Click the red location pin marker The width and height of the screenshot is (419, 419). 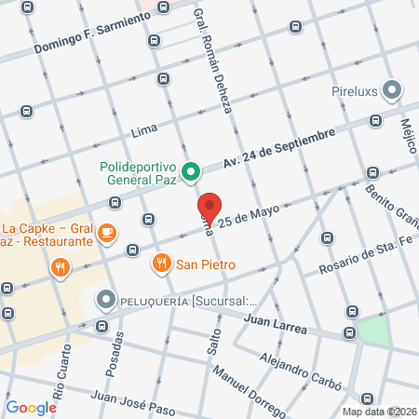209,208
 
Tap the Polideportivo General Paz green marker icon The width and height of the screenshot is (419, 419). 191,171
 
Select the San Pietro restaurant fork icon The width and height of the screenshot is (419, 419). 162,263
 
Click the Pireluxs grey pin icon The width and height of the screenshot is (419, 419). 393,91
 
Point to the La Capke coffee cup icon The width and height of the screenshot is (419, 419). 107,230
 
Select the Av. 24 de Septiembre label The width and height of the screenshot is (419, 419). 278,149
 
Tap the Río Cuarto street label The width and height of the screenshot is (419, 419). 61,372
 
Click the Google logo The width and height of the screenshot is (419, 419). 31,407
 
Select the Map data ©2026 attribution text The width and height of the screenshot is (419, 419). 377,412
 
